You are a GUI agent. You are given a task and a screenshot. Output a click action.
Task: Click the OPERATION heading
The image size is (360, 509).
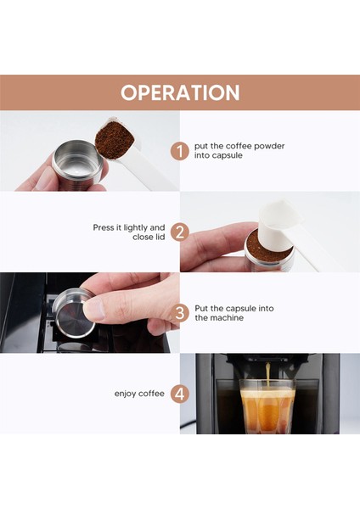click(x=180, y=92)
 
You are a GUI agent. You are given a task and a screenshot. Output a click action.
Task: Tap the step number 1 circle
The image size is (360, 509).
click(x=180, y=151)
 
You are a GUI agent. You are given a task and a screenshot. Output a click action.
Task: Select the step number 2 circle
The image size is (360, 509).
click(x=180, y=232)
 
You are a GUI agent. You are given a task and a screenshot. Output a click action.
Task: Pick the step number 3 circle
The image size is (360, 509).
click(x=180, y=313)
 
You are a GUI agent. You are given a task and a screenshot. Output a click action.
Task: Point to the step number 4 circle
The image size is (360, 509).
click(x=180, y=394)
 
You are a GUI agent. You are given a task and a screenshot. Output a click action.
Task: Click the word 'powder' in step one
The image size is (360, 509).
click(x=269, y=147)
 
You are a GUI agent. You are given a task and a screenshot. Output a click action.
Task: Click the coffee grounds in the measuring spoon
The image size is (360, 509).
click(x=114, y=140)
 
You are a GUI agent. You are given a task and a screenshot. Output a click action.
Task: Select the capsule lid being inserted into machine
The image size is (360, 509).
click(x=73, y=312)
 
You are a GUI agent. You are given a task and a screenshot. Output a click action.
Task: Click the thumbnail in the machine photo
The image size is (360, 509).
click(x=93, y=310)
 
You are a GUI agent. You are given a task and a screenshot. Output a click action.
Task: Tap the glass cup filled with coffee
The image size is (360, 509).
click(x=267, y=407)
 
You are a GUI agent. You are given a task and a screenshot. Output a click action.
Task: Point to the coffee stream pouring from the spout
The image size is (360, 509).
click(x=267, y=374)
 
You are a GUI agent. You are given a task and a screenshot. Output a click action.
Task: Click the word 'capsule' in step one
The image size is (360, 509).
click(x=227, y=155)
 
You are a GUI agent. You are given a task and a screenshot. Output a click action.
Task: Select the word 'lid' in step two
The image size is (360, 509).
click(x=160, y=237)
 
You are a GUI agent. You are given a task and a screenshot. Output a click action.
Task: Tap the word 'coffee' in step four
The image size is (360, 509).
click(x=150, y=394)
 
